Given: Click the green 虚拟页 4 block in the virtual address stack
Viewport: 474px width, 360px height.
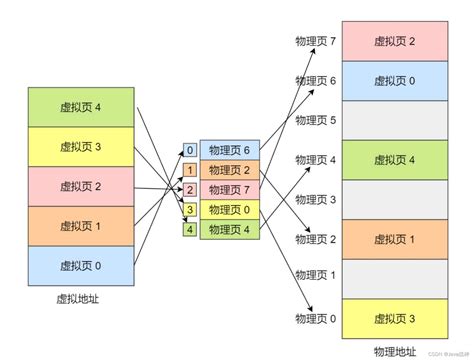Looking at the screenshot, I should coord(81,107).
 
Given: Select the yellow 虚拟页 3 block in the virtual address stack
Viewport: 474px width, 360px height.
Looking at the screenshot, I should coord(81,147).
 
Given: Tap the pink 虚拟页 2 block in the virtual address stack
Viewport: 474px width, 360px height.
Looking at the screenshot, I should coord(81,187).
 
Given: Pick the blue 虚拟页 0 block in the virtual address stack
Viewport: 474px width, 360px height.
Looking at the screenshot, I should coord(81,266).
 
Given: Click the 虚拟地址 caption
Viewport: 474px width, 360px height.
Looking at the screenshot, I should coord(81,299).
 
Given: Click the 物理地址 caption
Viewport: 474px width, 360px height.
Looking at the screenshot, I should coord(394,351).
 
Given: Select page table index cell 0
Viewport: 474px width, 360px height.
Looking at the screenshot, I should coord(190,151).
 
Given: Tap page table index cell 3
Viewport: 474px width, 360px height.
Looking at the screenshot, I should coord(190,210).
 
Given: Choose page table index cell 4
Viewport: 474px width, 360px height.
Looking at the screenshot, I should coord(190,230).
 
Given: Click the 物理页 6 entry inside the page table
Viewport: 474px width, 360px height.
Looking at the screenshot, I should coord(230,151).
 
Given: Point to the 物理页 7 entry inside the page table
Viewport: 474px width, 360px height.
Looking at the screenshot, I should coord(230,190).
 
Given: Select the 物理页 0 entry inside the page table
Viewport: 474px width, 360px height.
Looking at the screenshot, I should coord(230,210).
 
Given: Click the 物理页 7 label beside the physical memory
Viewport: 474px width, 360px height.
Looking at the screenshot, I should coord(315,42).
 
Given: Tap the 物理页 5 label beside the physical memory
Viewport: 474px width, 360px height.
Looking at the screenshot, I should coord(315,121).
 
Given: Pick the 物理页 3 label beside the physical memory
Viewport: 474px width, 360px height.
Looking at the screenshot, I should coord(315,200).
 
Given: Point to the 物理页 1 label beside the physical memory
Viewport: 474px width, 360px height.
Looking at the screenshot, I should coord(315,279).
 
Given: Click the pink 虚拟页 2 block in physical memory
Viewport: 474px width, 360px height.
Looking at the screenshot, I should coord(395,42).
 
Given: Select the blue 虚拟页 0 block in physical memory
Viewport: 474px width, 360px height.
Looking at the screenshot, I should coord(395,81).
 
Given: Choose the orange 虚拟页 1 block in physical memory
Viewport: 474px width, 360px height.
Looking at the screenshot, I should coord(395,239).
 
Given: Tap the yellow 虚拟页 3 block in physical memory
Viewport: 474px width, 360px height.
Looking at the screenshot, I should coord(395,318).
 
